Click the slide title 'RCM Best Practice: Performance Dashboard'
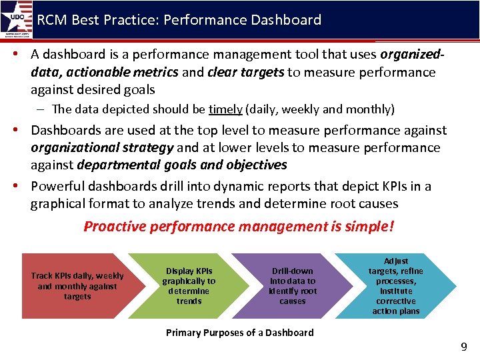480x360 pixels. [179, 20]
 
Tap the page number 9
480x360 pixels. [463, 347]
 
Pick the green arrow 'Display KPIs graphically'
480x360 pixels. [189, 286]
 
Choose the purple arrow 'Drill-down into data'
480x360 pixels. [293, 286]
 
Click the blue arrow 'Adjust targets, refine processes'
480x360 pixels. [396, 286]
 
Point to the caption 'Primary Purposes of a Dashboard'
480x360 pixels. [239, 332]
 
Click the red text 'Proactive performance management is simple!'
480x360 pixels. [239, 227]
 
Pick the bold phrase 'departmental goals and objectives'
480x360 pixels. [182, 165]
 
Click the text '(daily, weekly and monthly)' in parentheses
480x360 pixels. [320, 109]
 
